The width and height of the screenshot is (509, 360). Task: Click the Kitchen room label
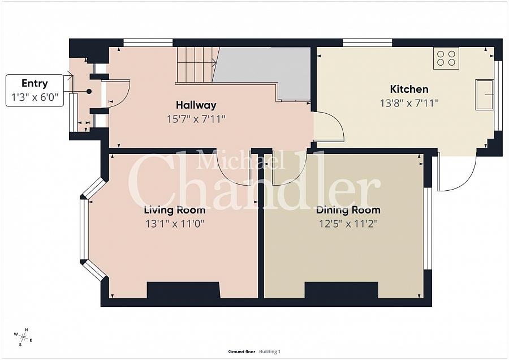click(409, 89)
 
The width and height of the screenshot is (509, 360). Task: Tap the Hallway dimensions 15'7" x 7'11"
click(196, 119)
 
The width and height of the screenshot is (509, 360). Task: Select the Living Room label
click(175, 210)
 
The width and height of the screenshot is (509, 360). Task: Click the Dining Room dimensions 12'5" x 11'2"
click(348, 224)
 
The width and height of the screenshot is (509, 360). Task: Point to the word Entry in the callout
click(34, 84)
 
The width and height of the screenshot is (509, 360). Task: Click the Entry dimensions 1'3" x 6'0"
click(34, 97)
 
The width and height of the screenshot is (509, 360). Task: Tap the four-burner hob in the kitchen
click(446, 58)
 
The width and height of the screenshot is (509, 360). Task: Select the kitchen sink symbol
click(485, 95)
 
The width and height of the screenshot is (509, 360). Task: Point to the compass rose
click(23, 337)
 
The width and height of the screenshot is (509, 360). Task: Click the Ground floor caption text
click(241, 352)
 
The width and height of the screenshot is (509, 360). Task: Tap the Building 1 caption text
click(270, 352)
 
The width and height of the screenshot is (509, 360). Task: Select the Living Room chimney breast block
click(184, 290)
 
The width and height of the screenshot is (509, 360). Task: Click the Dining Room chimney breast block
click(342, 290)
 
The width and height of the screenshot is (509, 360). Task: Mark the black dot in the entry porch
click(89, 92)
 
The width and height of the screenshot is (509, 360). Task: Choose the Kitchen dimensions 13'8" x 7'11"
click(409, 104)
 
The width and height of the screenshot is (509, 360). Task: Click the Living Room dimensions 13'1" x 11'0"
click(175, 224)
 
